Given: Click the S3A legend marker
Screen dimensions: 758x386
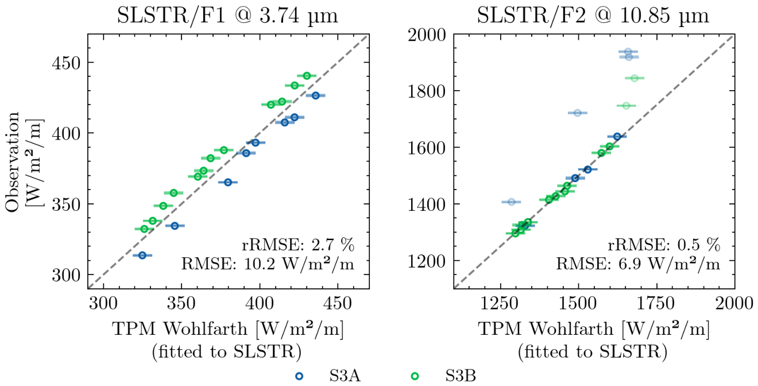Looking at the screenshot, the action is click(300, 376).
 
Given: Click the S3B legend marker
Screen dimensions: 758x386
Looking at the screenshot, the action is click(415, 376).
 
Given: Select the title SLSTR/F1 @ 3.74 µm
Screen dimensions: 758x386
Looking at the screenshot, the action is click(227, 16).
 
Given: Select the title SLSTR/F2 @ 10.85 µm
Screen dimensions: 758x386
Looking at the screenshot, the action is click(593, 16).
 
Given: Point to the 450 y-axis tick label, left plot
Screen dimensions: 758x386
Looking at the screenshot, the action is click(67, 63).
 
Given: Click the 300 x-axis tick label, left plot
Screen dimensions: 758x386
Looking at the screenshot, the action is click(103, 303).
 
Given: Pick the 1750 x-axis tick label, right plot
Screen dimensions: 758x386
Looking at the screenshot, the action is click(656, 303).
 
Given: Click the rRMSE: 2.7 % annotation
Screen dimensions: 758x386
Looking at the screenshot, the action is click(298, 245).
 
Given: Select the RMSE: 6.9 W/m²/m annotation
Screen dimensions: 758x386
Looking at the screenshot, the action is click(638, 264).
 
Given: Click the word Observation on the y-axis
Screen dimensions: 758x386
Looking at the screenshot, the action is click(13, 162).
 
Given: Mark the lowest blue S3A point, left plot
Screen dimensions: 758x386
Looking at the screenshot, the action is click(142, 255).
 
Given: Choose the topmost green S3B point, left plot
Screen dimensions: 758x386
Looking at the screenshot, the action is click(307, 75).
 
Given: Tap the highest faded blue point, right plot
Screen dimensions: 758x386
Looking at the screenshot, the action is click(628, 52).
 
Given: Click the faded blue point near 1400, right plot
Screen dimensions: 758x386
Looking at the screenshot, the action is click(511, 202).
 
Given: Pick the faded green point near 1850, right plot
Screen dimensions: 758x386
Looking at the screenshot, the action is click(635, 78).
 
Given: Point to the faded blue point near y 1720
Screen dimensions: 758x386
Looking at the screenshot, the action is click(578, 113).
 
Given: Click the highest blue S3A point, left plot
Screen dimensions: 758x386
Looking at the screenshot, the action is click(315, 95).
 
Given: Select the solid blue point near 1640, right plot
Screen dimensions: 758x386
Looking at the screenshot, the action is click(617, 137).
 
